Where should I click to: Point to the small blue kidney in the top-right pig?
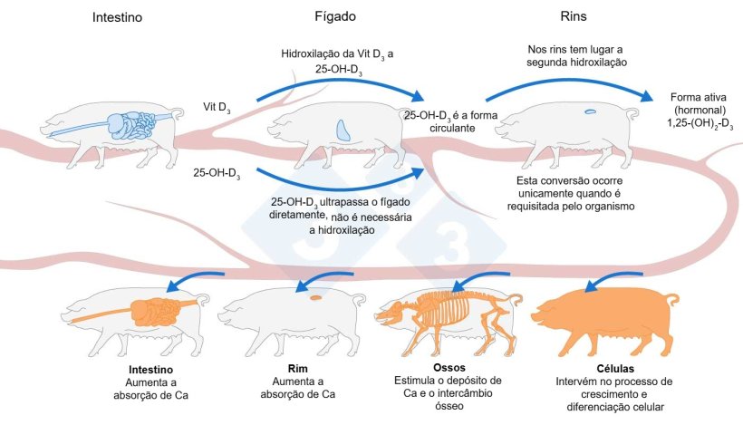click(x=590, y=111)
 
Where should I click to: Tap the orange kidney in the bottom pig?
click(x=315, y=296)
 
